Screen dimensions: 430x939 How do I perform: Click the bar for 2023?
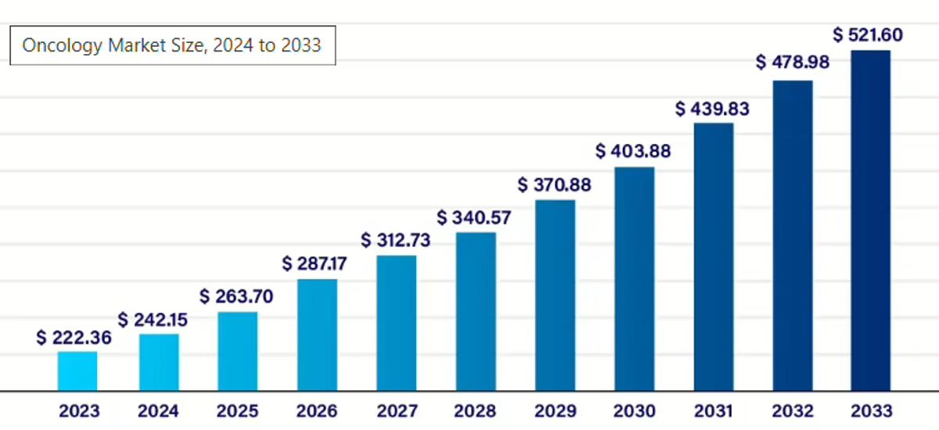click(x=77, y=371)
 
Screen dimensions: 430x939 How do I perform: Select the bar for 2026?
click(x=317, y=335)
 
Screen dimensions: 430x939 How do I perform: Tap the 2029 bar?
click(x=555, y=295)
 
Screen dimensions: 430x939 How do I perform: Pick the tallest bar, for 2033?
click(x=871, y=220)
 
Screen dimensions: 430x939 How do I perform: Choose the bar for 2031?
click(x=714, y=256)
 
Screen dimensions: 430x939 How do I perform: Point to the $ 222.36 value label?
click(x=74, y=338)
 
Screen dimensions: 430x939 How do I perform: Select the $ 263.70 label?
click(x=237, y=297)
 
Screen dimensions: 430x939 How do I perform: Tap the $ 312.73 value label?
click(x=396, y=240)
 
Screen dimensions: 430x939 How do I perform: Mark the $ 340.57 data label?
click(x=473, y=217)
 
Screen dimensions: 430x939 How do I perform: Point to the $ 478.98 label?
click(x=793, y=63)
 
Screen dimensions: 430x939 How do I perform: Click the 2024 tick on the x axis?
click(x=158, y=411)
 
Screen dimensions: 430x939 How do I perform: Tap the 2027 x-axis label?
click(x=396, y=411)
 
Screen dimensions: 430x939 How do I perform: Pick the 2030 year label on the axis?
click(x=634, y=411)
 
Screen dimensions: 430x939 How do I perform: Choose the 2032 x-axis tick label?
click(x=792, y=411)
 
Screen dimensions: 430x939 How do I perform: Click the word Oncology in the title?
click(x=52, y=46)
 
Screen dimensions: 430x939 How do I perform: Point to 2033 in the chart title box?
click(x=300, y=45)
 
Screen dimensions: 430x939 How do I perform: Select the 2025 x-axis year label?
click(x=238, y=411)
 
